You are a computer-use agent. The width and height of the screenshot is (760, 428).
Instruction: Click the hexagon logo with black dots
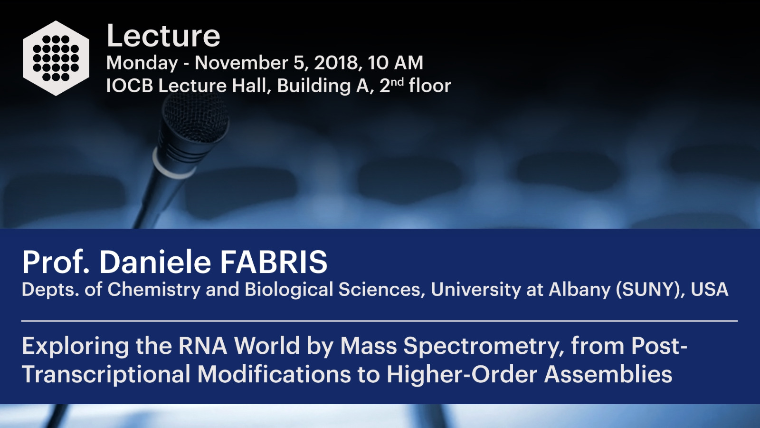[56, 58]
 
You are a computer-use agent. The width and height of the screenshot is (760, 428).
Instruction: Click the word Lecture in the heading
[163, 36]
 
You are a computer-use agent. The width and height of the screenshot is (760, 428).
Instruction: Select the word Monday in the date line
[142, 63]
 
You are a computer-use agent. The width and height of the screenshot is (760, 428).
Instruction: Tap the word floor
[430, 85]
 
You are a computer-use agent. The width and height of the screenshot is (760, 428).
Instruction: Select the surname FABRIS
[274, 262]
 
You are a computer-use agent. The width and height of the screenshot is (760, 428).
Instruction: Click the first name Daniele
[155, 262]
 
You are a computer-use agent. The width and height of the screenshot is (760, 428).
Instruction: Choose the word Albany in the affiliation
[579, 290]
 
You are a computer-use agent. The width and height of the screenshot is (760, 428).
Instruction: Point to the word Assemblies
[608, 374]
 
